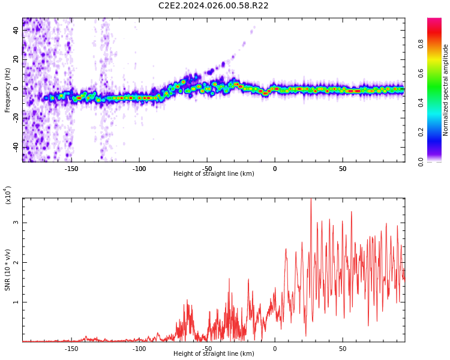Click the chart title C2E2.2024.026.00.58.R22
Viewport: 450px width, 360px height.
click(x=214, y=6)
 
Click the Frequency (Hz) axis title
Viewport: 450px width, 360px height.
click(x=7, y=90)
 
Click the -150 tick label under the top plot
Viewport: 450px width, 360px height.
click(x=71, y=168)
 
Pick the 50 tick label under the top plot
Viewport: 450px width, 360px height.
click(x=342, y=168)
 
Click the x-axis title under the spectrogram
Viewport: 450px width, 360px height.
click(x=214, y=174)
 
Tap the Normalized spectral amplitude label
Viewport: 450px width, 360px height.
click(x=446, y=90)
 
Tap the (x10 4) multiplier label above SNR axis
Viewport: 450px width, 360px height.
click(x=8, y=195)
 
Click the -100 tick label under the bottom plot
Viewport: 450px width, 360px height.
click(x=139, y=348)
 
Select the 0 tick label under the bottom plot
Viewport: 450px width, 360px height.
click(x=275, y=348)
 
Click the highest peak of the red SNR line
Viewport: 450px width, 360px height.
click(x=311, y=199)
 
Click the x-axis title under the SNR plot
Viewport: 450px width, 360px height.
click(x=214, y=354)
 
